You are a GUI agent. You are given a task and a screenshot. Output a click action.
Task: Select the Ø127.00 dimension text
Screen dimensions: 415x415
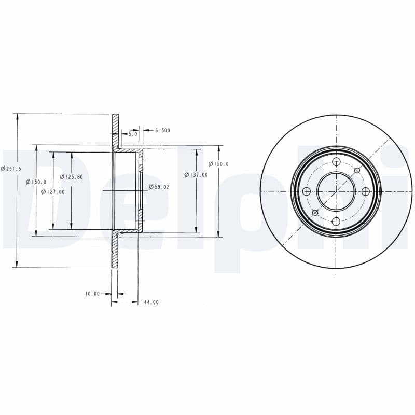coord(53,191)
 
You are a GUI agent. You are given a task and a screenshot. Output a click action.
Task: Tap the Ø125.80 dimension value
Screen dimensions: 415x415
coord(71,176)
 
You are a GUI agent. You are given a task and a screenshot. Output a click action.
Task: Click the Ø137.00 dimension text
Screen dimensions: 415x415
coord(197,175)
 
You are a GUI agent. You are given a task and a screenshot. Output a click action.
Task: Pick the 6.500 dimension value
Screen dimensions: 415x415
coord(162,131)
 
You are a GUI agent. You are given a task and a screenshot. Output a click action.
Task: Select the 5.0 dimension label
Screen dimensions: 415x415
coord(133,134)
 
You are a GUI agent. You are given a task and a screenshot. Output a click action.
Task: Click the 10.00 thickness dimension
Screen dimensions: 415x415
coord(92,294)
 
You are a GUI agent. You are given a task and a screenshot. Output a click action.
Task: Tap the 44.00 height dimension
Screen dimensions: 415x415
coord(151,302)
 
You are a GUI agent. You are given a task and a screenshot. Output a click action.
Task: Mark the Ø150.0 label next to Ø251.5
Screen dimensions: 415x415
coord(37,182)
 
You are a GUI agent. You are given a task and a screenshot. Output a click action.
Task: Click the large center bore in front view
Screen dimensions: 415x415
coord(336,191)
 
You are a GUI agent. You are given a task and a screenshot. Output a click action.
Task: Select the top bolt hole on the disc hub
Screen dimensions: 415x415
coord(336,162)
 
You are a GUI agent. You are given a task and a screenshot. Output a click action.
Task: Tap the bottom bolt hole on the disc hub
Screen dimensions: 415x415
coord(336,222)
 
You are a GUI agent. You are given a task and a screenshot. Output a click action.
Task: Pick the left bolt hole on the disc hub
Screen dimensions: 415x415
coord(306,191)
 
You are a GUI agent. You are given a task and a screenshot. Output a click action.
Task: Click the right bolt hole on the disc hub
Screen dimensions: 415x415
coord(366,191)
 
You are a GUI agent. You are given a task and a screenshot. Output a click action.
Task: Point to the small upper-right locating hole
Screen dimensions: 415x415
coord(357,170)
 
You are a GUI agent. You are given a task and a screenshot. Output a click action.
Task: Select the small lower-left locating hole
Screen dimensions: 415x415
coord(315,213)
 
